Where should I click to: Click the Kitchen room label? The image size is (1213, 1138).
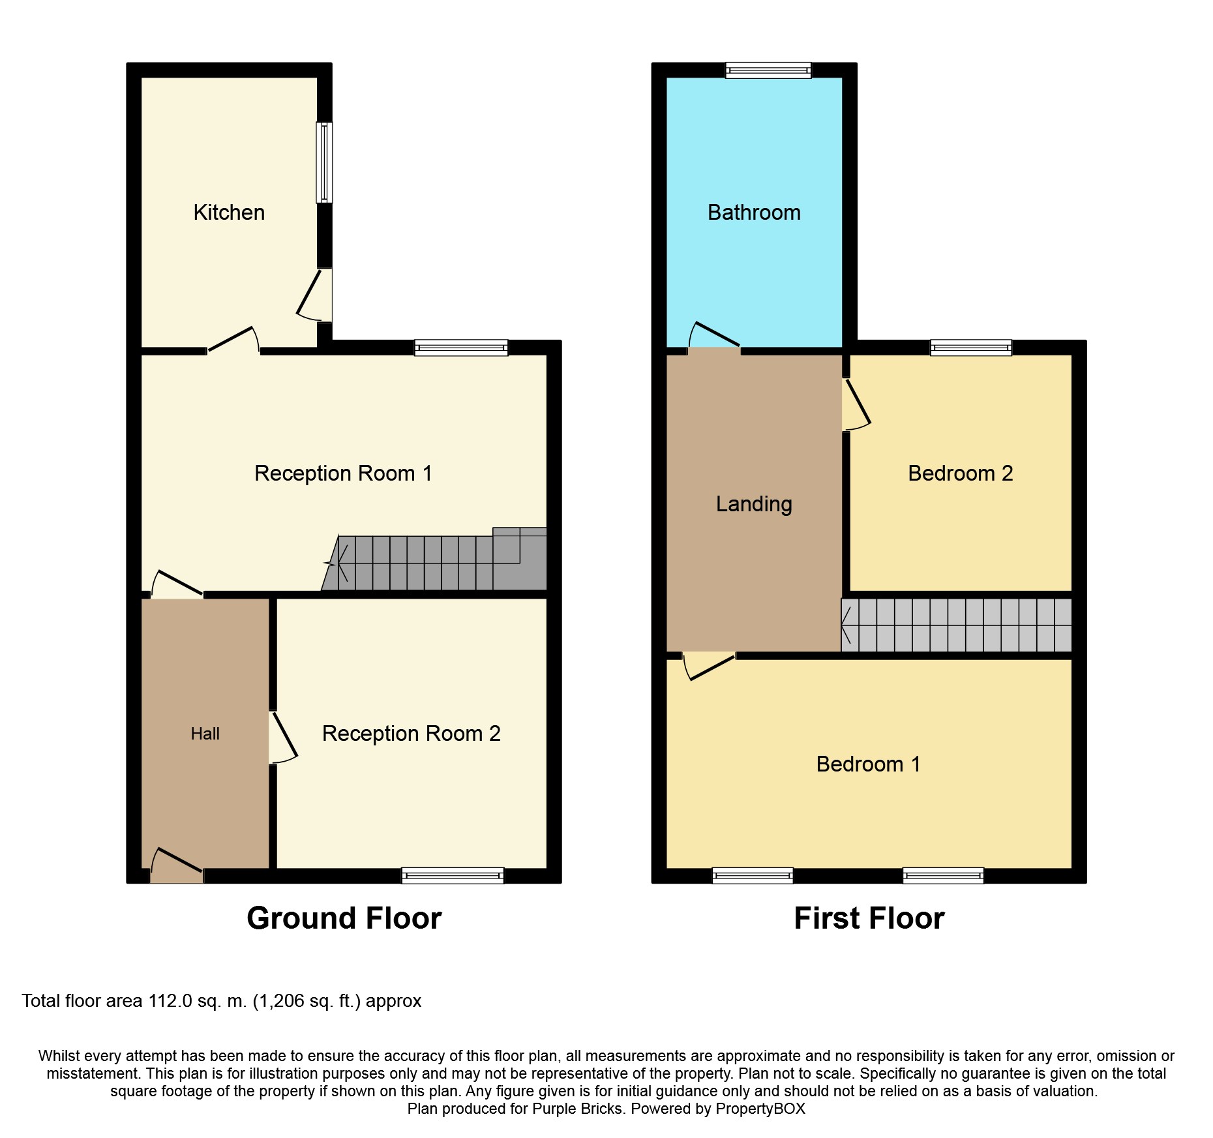pyautogui.click(x=229, y=213)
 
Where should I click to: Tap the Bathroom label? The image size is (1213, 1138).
pyautogui.click(x=754, y=213)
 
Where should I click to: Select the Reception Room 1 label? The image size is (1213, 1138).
pyautogui.click(x=343, y=473)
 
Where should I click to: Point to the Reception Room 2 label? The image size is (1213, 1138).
pyautogui.click(x=411, y=734)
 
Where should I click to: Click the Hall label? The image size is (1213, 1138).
pyautogui.click(x=205, y=734)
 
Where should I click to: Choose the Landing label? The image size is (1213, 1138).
pyautogui.click(x=754, y=504)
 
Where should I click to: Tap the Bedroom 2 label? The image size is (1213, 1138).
pyautogui.click(x=960, y=473)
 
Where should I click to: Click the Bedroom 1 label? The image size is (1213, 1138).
pyautogui.click(x=868, y=764)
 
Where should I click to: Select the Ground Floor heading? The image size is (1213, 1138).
pyautogui.click(x=344, y=918)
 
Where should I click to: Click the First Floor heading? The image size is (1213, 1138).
pyautogui.click(x=869, y=918)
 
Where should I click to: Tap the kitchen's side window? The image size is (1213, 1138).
pyautogui.click(x=324, y=162)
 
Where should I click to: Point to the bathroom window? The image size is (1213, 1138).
pyautogui.click(x=768, y=70)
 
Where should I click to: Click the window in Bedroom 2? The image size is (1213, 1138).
pyautogui.click(x=971, y=348)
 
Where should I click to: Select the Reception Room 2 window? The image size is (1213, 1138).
pyautogui.click(x=453, y=875)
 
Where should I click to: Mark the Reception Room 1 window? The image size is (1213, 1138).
pyautogui.click(x=461, y=348)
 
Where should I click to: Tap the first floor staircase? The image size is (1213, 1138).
pyautogui.click(x=956, y=625)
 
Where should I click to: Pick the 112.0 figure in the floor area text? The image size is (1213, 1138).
pyautogui.click(x=170, y=1001)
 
